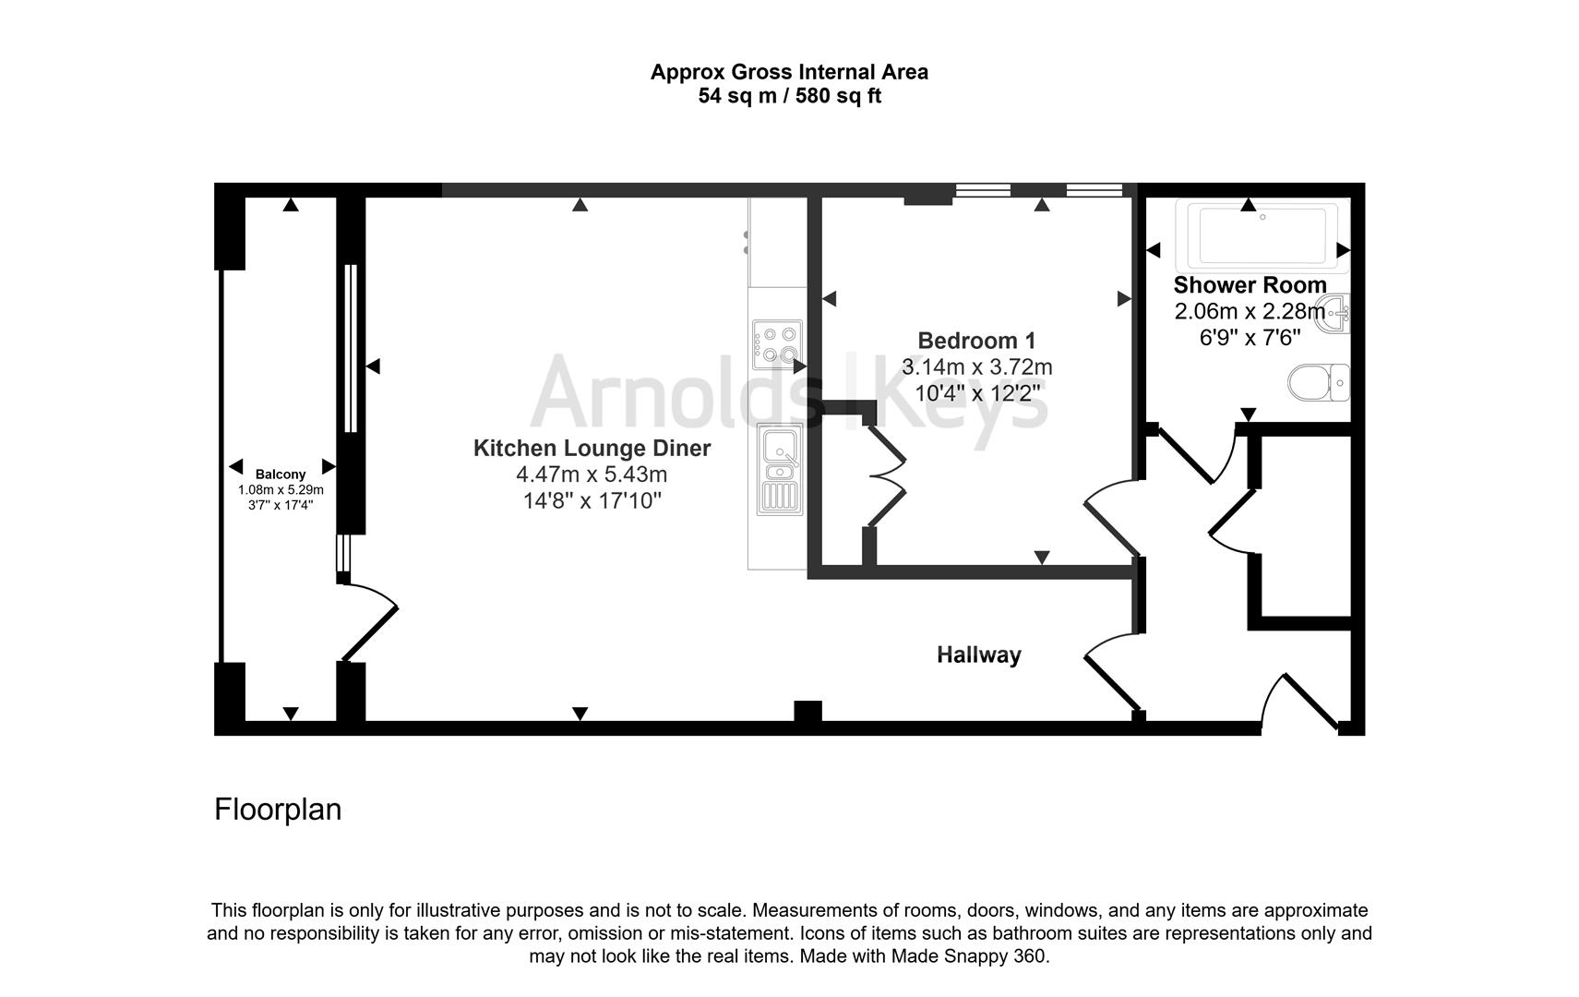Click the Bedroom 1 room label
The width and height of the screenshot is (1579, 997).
(x=976, y=340)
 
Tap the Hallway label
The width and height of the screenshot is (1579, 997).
(x=978, y=655)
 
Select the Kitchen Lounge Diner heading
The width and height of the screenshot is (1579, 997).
(x=592, y=448)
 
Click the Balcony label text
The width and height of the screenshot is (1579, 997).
(x=281, y=474)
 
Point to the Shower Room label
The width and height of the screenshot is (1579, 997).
(x=1250, y=285)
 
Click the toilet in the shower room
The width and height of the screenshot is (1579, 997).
(x=1319, y=382)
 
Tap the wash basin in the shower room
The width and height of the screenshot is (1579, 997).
(x=1336, y=310)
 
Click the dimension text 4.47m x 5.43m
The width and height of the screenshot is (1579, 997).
(x=592, y=474)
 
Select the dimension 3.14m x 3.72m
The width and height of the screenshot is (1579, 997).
(x=976, y=366)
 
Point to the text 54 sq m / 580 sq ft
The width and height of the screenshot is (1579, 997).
(x=789, y=96)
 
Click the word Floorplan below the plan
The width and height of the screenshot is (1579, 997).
(x=278, y=809)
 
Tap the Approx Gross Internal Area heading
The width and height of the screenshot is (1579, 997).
(x=789, y=72)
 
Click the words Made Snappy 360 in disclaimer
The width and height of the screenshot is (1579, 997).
(x=968, y=956)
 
